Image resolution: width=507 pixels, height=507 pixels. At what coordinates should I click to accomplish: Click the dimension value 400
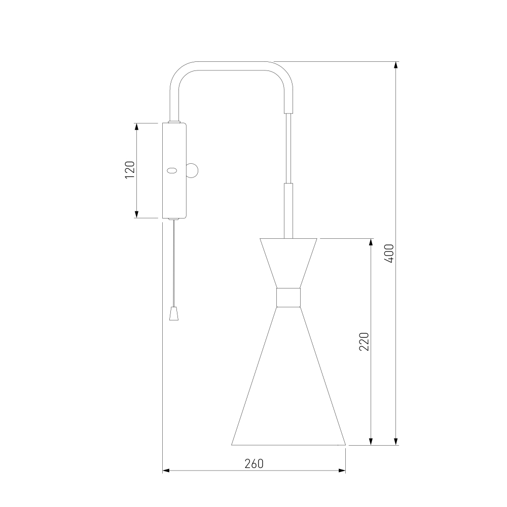pos(390,253)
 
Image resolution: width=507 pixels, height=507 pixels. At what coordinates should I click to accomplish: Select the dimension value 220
pos(364,341)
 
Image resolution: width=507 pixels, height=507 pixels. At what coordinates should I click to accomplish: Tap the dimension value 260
pos(254,464)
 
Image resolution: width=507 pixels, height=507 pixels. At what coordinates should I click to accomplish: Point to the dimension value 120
pos(130,170)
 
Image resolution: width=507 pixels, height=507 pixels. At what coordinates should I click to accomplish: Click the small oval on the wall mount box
pos(171,170)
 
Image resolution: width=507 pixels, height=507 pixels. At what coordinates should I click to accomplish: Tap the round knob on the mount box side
pos(193,170)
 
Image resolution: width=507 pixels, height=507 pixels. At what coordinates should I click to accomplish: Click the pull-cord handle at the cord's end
pos(174,314)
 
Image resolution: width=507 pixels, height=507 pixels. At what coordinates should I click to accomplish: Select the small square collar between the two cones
pos(288,297)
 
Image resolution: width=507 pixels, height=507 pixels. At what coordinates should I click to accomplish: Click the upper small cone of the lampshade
pos(288,263)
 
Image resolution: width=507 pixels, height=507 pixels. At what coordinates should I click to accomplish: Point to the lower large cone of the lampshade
pos(288,376)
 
